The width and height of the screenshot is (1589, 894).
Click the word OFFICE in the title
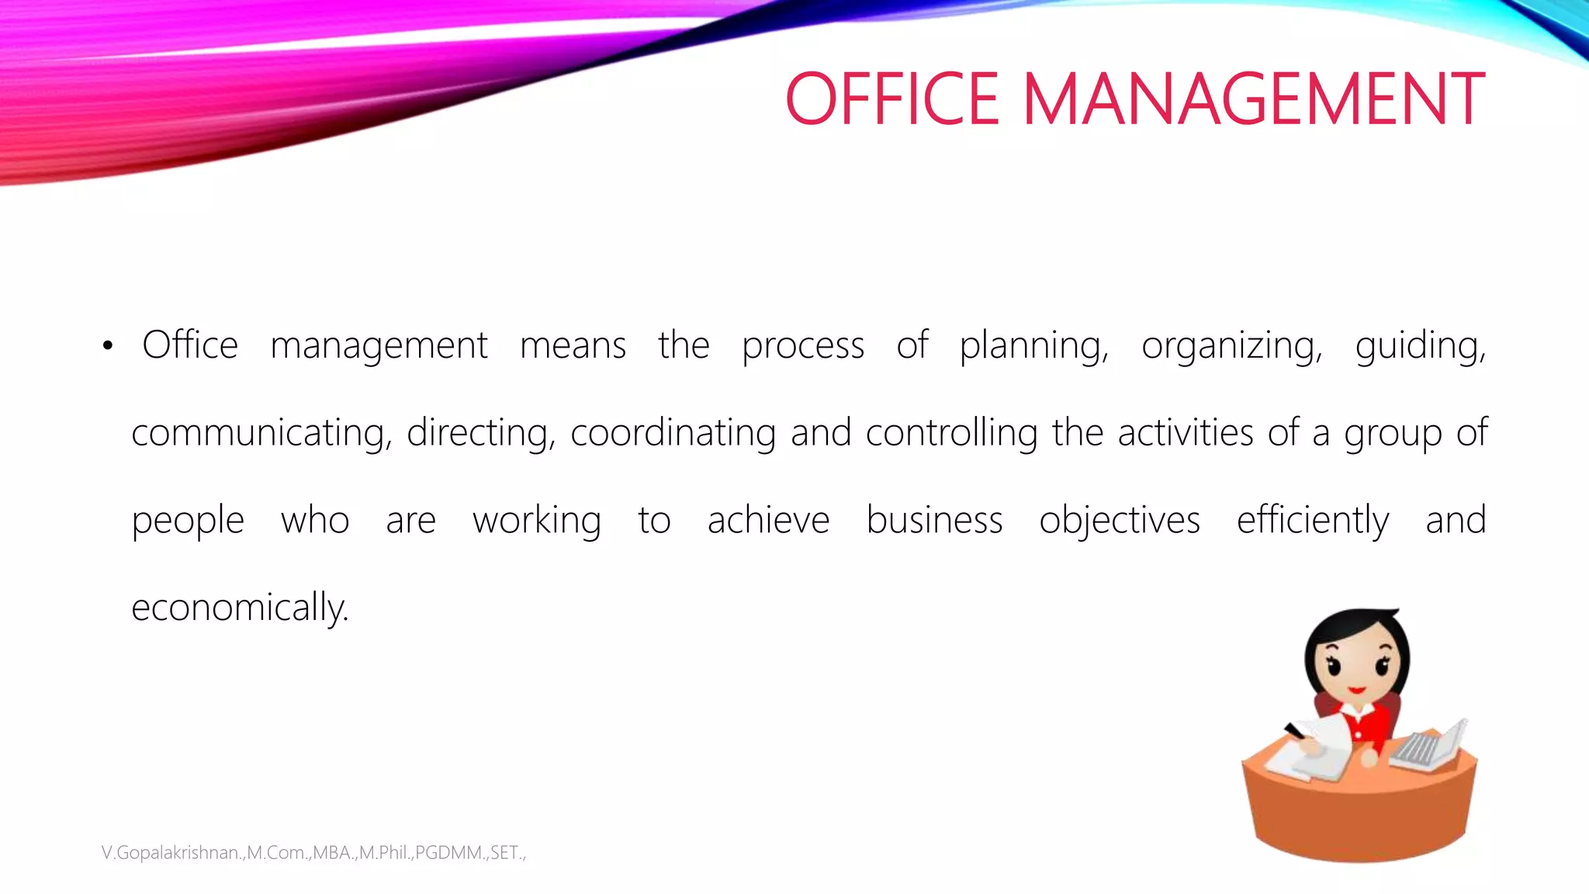pyautogui.click(x=892, y=99)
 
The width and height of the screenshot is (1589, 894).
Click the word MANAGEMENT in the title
pyautogui.click(x=1254, y=99)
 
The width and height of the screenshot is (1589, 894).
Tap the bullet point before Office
pyautogui.click(x=108, y=346)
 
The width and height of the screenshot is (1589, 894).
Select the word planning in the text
pyautogui.click(x=1033, y=346)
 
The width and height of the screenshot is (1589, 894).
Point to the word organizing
pyautogui.click(x=1231, y=346)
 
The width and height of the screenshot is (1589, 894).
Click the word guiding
pyautogui.click(x=1420, y=346)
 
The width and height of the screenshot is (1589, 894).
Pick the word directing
pyautogui.click(x=481, y=433)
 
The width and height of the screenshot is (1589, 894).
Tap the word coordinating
pyautogui.click(x=673, y=433)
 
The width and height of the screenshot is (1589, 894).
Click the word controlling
pyautogui.click(x=951, y=433)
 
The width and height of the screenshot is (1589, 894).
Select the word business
pyautogui.click(x=934, y=520)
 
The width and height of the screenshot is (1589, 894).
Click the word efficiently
pyautogui.click(x=1313, y=520)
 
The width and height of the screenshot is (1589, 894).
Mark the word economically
pyautogui.click(x=240, y=608)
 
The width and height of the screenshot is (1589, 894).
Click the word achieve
pyautogui.click(x=768, y=520)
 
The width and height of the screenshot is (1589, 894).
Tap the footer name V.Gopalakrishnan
pyautogui.click(x=171, y=853)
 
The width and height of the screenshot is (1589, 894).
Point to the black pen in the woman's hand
pyautogui.click(x=1294, y=730)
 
